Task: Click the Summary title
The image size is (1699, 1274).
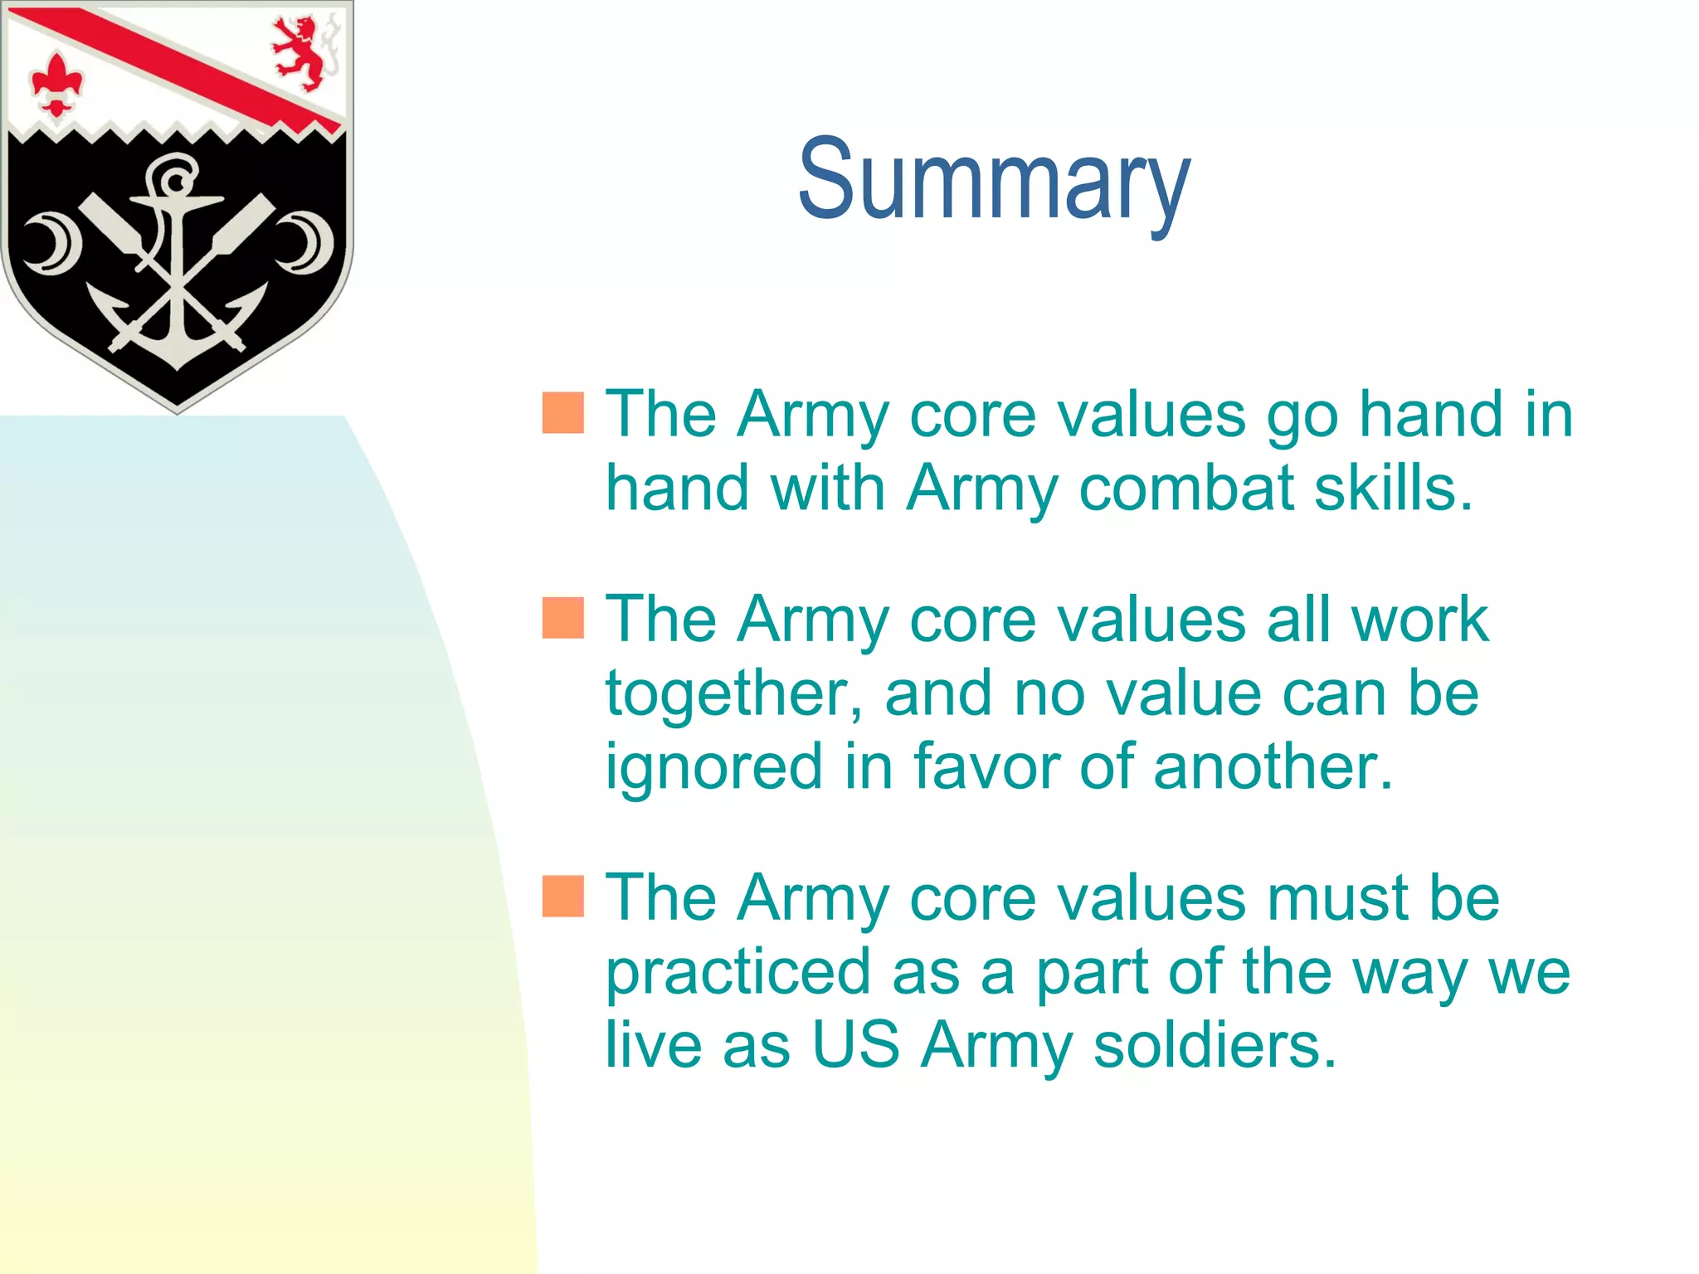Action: point(993,180)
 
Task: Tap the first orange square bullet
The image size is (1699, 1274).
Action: point(562,413)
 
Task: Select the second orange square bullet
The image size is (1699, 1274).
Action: point(562,618)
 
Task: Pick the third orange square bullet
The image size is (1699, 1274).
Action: point(562,896)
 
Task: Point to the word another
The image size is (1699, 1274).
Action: point(1273,766)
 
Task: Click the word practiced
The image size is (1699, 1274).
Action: point(737,973)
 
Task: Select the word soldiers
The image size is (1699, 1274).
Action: point(1215,1044)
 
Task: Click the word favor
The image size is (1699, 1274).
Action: point(986,766)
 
